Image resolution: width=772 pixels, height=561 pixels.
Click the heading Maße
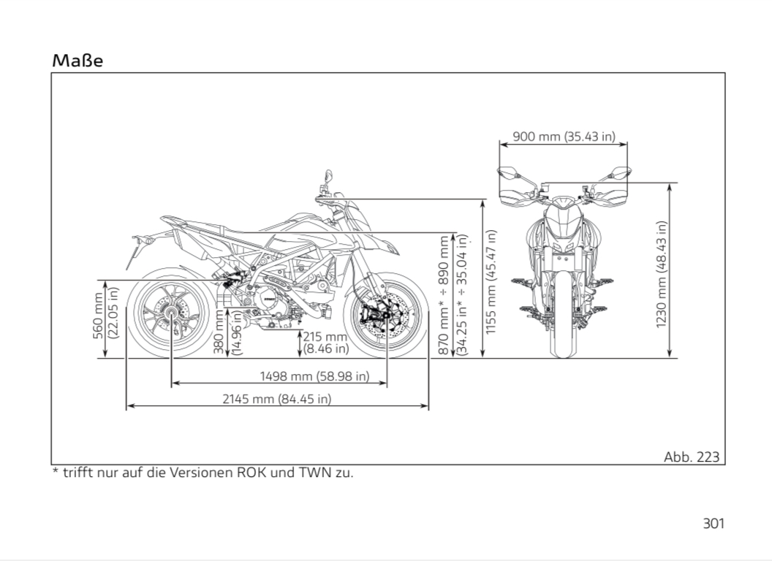[77, 61]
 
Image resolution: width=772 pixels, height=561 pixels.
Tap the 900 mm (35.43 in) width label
[564, 136]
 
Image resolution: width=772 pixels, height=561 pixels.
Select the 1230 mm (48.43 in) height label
[662, 274]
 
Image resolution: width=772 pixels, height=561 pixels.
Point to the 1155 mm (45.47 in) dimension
[491, 282]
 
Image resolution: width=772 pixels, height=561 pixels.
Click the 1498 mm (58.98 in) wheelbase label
[314, 376]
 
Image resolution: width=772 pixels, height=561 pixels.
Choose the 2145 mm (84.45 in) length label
[277, 398]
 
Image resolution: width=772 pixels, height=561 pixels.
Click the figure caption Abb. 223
[691, 457]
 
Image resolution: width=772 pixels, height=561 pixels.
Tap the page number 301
[713, 523]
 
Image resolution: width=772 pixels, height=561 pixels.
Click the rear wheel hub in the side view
[171, 315]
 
